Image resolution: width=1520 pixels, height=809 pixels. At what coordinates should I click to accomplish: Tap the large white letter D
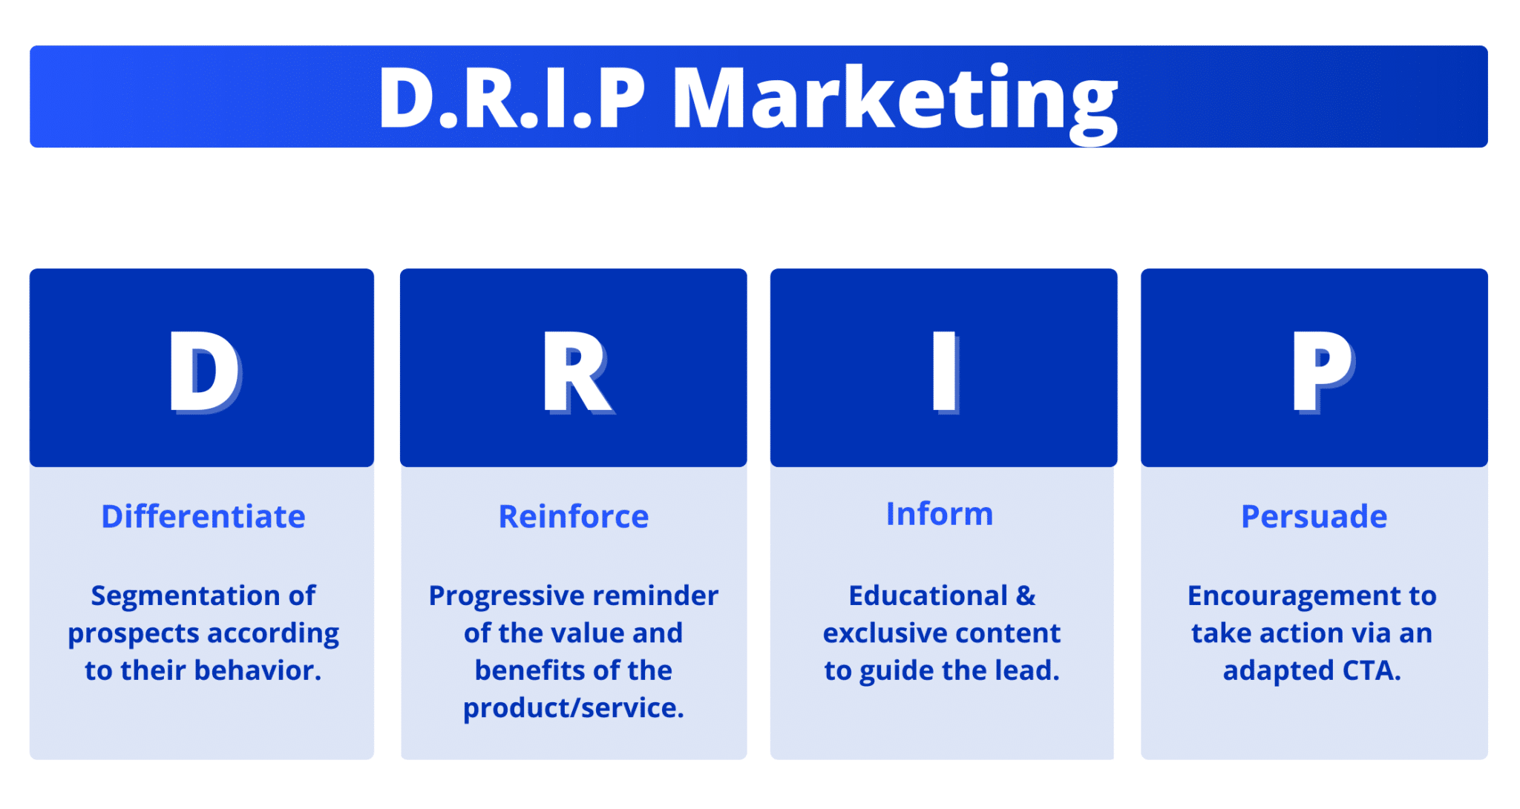pos(203,371)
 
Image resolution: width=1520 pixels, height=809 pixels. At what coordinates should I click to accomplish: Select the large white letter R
pos(576,371)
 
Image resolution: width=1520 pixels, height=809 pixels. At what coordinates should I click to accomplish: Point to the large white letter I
pos(944,371)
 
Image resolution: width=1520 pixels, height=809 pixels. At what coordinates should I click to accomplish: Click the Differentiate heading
pos(203,516)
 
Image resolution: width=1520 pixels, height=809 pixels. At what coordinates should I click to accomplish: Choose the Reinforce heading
pos(573,516)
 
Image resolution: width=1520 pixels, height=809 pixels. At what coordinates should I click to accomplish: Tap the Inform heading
pos(939,513)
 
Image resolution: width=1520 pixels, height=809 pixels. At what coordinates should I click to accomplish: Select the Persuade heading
pos(1314,516)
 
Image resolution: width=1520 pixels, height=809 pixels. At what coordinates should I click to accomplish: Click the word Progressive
pos(507,595)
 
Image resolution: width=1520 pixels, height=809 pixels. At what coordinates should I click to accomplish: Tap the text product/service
pos(573,708)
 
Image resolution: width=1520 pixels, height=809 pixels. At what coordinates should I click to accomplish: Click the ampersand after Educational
pos(1026,595)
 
